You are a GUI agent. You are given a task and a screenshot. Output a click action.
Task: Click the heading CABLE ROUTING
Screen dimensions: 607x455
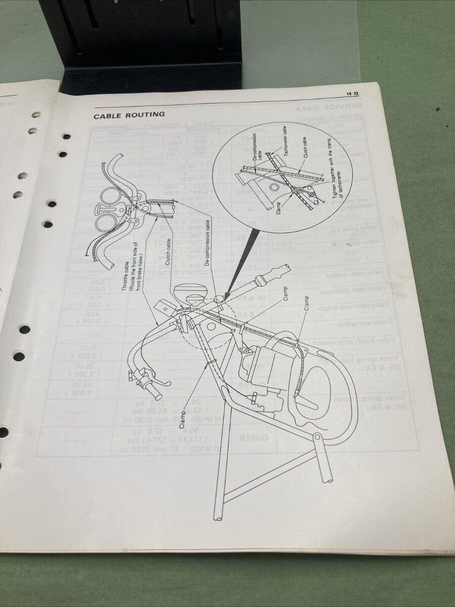129,115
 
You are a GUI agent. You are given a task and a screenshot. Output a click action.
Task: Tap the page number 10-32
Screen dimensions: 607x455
352,94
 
